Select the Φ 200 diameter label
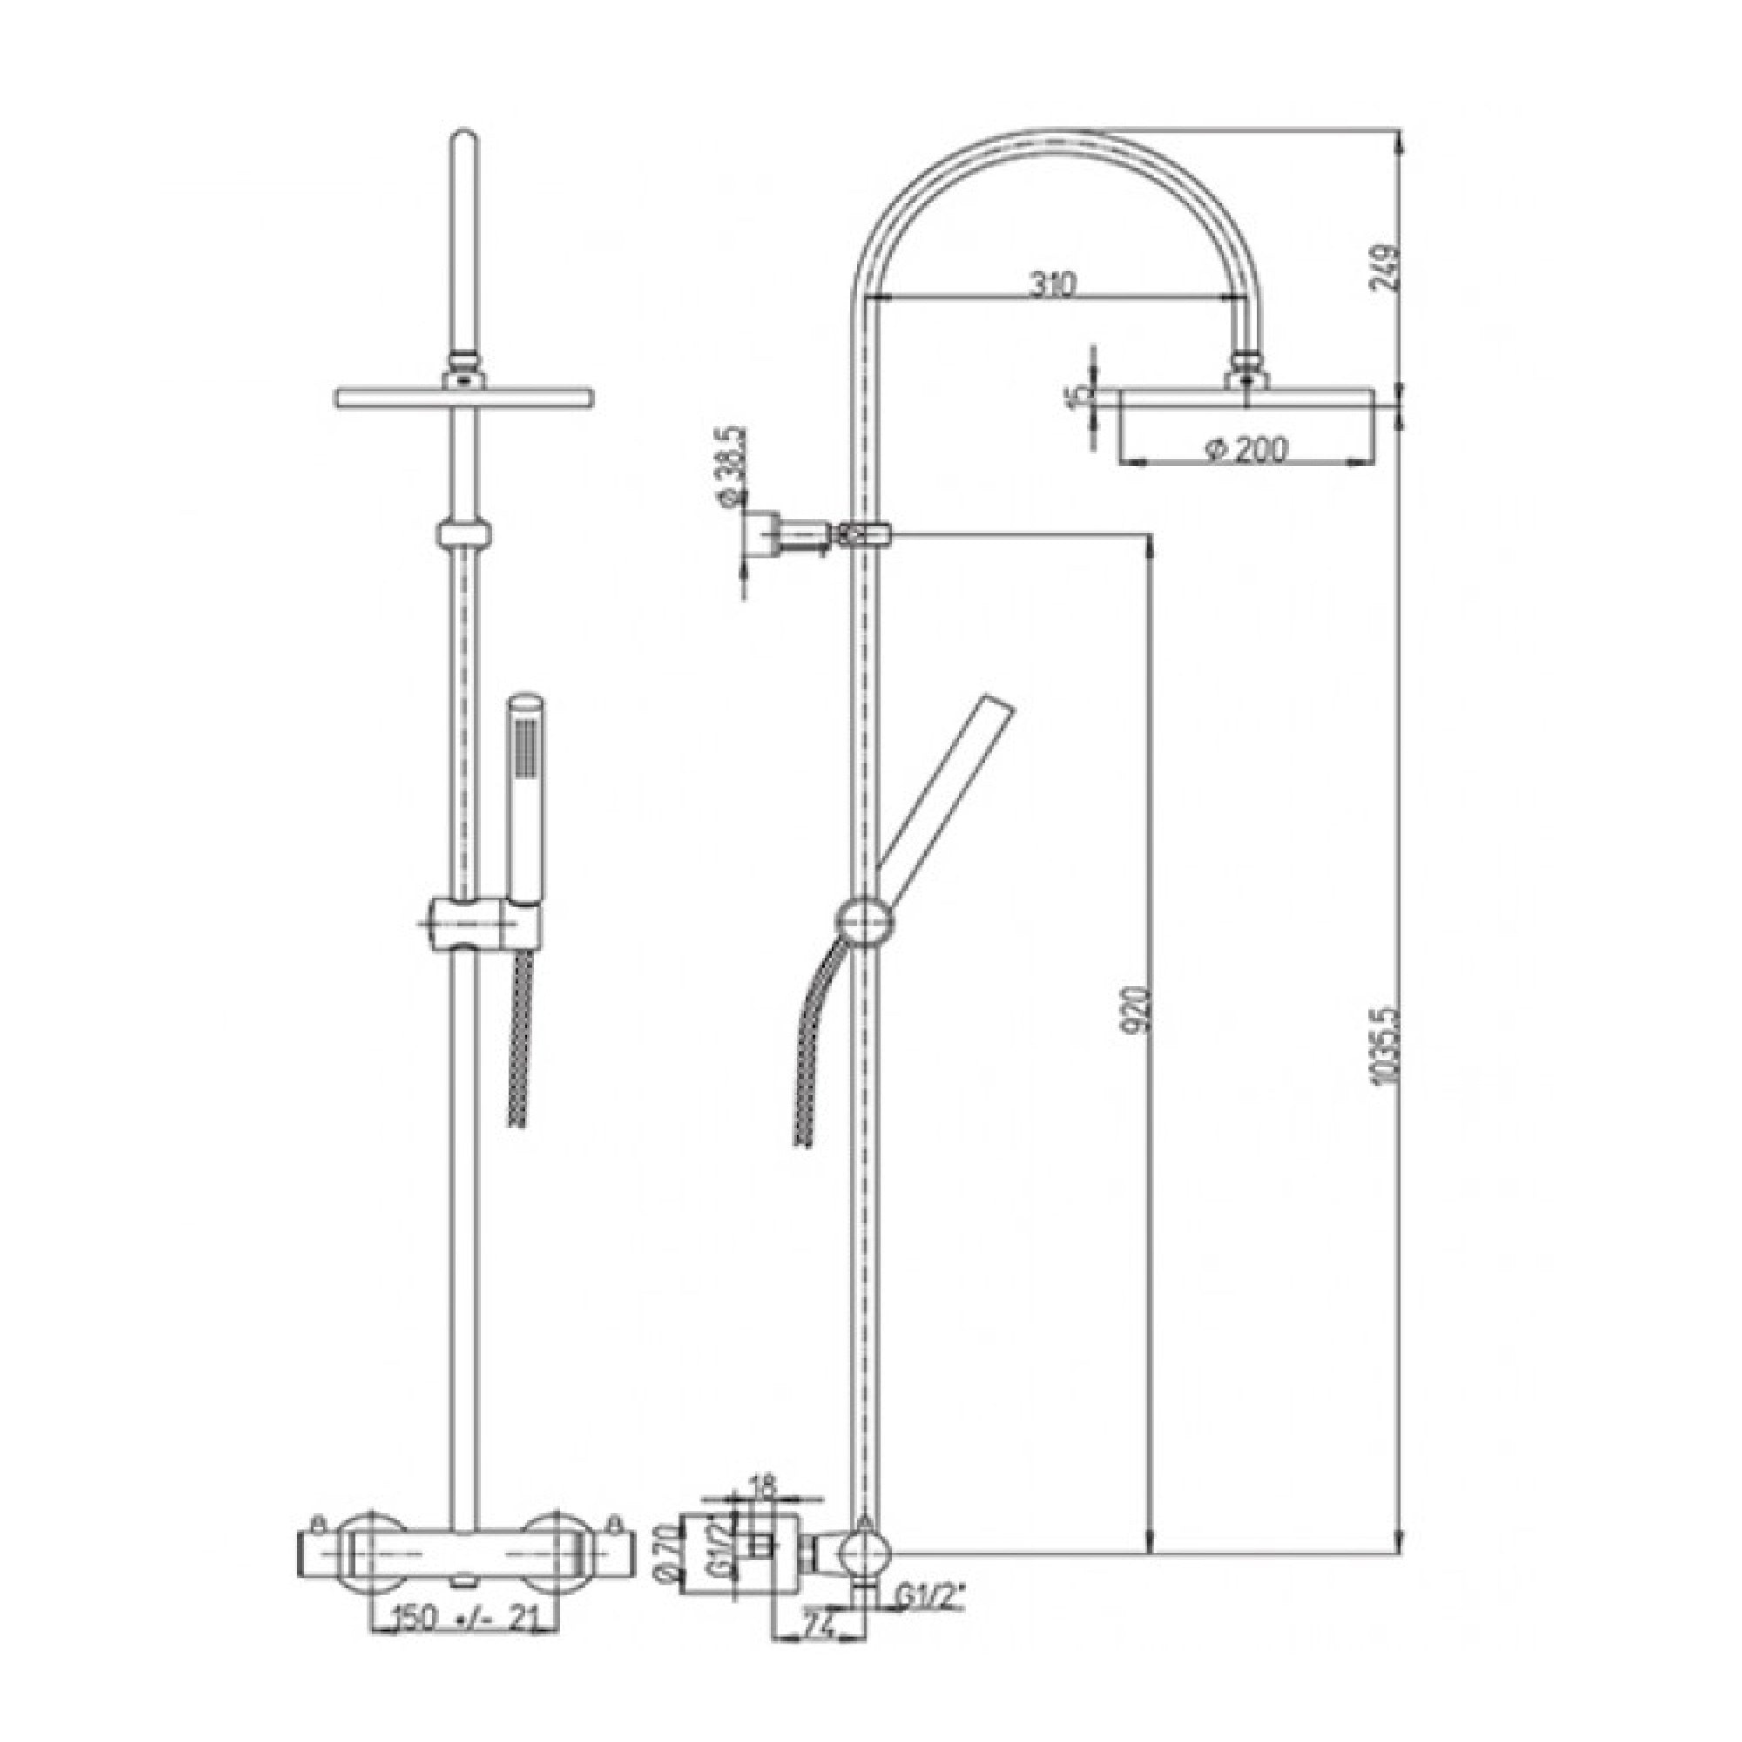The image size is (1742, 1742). tap(1246, 448)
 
